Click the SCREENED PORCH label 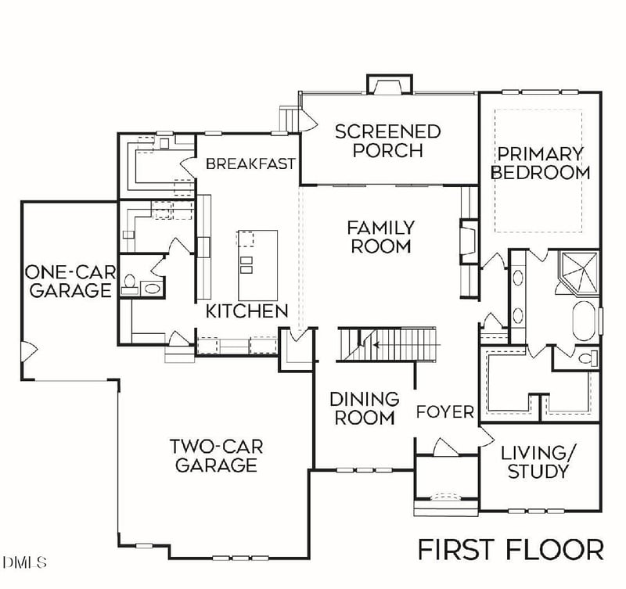(388, 140)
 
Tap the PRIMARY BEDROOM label (540, 163)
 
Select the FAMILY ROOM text (381, 236)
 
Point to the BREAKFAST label (250, 163)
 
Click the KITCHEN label (246, 311)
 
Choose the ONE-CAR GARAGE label (68, 282)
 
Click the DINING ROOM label (365, 408)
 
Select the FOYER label (444, 411)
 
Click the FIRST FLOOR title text (510, 549)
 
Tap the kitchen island (257, 252)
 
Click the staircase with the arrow (390, 344)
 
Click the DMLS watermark (25, 562)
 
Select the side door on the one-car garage (28, 350)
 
